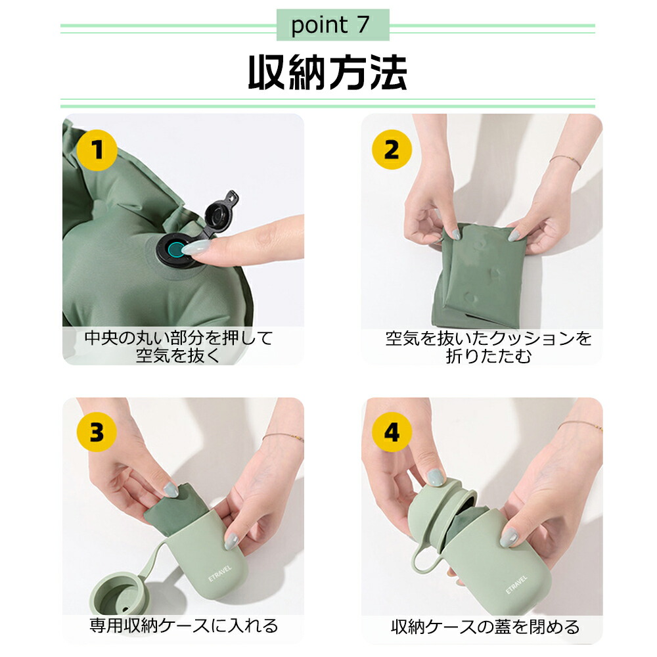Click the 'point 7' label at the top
tap(330, 25)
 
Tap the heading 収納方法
tap(328, 72)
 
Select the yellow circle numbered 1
tap(97, 150)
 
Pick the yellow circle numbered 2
tap(392, 150)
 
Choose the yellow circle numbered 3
tap(97, 432)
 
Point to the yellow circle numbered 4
tap(392, 432)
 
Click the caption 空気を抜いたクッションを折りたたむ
tap(489, 348)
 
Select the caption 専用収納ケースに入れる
tap(184, 625)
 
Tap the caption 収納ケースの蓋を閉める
tap(486, 627)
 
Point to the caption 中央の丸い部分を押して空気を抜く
tap(179, 346)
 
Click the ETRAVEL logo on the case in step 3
tap(220, 573)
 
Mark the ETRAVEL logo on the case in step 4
tap(516, 585)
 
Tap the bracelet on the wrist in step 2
tap(565, 162)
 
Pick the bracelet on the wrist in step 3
tap(283, 437)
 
